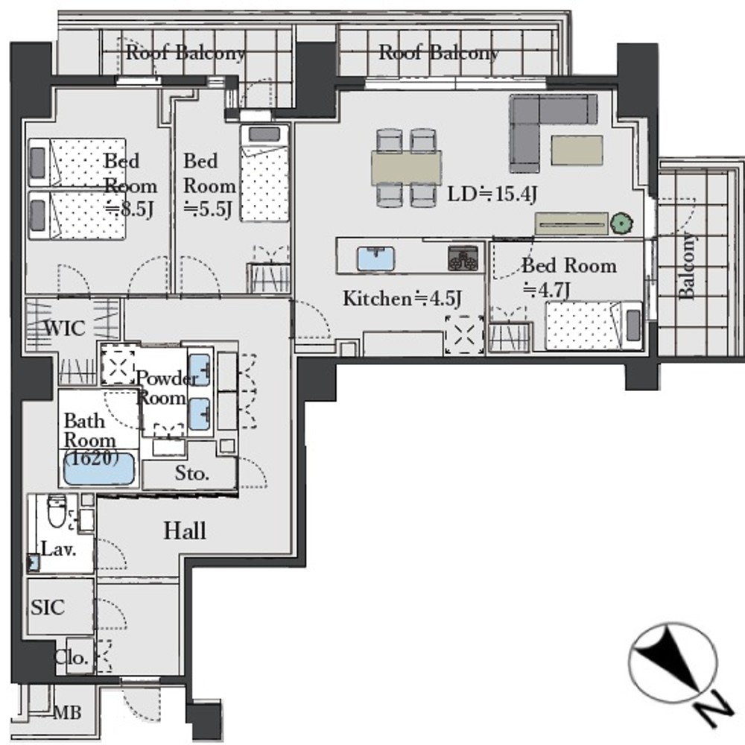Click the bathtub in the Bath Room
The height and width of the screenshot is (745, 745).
click(x=99, y=469)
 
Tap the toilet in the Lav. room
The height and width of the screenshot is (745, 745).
click(x=57, y=511)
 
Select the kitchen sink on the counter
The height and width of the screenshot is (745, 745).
click(x=375, y=259)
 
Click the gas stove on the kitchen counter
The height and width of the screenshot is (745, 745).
click(x=463, y=258)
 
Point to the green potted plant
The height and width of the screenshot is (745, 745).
click(x=621, y=223)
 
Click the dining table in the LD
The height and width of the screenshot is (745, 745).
click(x=406, y=167)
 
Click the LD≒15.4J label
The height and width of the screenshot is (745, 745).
click(x=492, y=194)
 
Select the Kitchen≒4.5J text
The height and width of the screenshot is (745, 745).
click(x=402, y=299)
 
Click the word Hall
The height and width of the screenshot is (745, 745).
click(x=185, y=530)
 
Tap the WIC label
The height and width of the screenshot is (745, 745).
click(x=65, y=328)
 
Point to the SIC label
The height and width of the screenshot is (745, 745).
click(x=48, y=607)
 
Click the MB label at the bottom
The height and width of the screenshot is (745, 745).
click(x=68, y=712)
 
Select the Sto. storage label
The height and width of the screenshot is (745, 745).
click(x=192, y=473)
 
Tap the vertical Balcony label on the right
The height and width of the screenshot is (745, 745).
click(x=686, y=265)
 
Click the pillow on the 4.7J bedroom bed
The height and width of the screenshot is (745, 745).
click(x=633, y=325)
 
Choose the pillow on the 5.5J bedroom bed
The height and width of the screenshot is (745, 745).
click(x=264, y=134)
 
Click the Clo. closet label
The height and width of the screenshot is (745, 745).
click(x=72, y=658)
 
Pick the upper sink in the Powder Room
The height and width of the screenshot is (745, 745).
click(x=199, y=370)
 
